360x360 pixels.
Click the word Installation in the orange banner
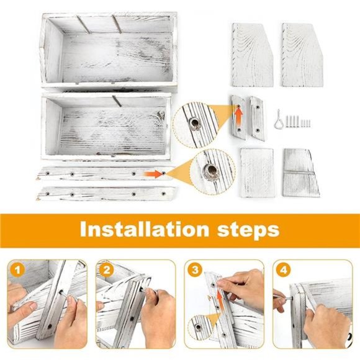tap(145, 230)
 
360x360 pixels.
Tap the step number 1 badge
tap(17, 270)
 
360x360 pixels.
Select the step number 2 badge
tap(107, 270)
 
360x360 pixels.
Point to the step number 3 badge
tap(195, 270)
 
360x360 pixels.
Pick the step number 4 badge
tap(284, 270)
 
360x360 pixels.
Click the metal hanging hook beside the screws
tap(279, 119)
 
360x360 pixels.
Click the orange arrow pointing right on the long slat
tap(153, 174)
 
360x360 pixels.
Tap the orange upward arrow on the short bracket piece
tap(239, 115)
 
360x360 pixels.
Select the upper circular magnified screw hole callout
tap(195, 124)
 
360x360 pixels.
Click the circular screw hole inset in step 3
tap(199, 326)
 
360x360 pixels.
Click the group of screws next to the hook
tap(298, 121)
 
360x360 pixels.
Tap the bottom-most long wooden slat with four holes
tap(107, 193)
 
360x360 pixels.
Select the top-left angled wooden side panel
tap(253, 55)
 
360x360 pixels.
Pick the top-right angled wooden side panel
tap(302, 55)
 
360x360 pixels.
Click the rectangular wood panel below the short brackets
tap(257, 173)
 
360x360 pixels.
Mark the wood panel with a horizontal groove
tap(300, 173)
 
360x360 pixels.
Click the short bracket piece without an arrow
tap(258, 118)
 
